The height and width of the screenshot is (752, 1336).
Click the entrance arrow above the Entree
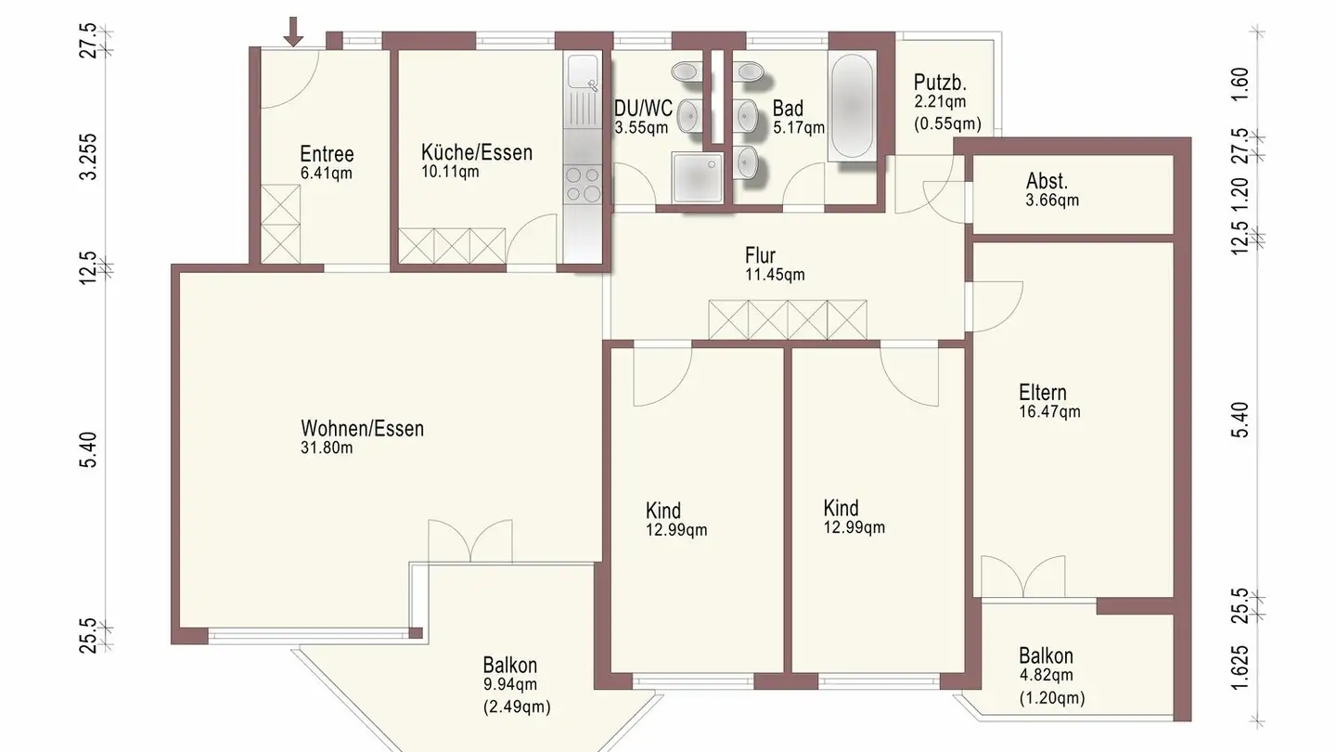(x=293, y=31)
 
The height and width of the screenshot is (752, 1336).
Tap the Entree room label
(x=327, y=154)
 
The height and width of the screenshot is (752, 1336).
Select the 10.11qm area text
(x=450, y=171)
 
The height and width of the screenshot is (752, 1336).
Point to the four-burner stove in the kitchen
(x=584, y=184)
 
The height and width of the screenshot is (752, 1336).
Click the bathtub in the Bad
(x=851, y=107)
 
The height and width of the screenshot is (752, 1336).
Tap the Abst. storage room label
(x=1047, y=181)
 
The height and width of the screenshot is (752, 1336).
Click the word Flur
(x=760, y=255)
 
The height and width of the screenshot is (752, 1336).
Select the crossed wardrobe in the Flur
(x=787, y=319)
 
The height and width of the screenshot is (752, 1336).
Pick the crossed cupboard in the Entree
(x=281, y=224)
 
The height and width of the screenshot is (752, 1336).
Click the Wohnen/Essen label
(x=362, y=429)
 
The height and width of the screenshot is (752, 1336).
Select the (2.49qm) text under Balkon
(x=517, y=707)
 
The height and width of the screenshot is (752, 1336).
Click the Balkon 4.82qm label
(x=1046, y=666)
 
